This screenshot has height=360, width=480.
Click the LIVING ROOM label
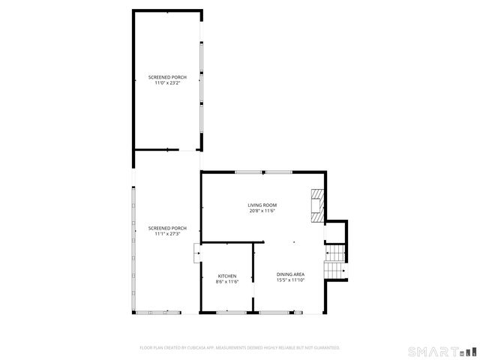263,205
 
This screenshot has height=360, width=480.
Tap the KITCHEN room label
227,276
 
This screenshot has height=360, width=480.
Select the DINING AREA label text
290,274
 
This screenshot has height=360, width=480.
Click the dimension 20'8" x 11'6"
263,211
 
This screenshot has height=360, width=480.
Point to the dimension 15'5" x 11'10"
290,280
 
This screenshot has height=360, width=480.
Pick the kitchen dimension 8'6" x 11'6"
227,282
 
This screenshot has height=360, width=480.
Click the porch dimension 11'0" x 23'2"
166,83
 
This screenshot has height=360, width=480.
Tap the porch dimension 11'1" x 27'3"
166,234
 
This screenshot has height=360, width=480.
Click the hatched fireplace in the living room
318,205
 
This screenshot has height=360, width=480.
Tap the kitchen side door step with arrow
196,253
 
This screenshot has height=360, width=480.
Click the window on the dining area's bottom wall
280,311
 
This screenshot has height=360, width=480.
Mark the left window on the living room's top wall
248,172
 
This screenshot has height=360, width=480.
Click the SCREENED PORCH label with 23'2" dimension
166,77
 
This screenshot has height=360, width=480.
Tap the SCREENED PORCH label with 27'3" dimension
166,228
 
